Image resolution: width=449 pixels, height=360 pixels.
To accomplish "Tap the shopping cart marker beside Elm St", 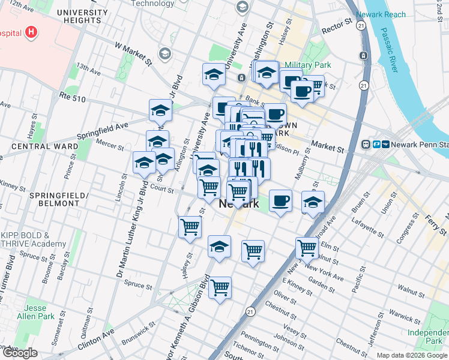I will click(307, 247).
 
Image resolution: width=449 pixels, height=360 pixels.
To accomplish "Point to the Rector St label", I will click(336, 26).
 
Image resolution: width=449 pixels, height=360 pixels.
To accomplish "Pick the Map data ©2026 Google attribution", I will click(412, 355).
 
